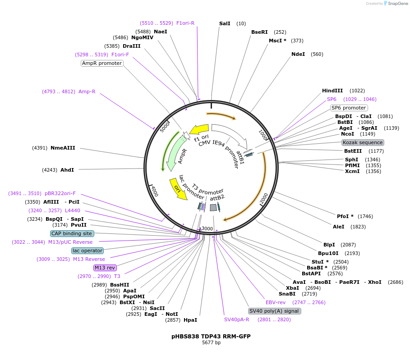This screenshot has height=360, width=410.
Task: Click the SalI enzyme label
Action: [225, 23]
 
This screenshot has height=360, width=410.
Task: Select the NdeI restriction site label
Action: [298, 54]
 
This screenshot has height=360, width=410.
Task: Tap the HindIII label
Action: [332, 91]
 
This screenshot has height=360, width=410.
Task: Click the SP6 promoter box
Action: [349, 108]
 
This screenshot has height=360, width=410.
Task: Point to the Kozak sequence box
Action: [363, 142]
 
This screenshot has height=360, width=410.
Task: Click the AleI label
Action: [339, 227]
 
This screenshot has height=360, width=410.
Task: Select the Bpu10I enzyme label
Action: [328, 253]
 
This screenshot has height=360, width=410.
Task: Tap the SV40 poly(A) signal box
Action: [274, 311]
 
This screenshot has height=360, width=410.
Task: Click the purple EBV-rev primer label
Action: [276, 302]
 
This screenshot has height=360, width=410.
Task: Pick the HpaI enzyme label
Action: [190, 320]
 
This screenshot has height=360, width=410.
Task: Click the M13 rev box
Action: [105, 268]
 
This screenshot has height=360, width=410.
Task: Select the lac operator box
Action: [87, 251]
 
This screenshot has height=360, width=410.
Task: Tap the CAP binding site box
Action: [72, 233]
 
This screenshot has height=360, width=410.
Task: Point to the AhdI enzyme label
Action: [67, 170]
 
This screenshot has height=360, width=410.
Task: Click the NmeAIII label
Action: [63, 148]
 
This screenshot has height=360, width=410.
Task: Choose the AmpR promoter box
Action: [102, 63]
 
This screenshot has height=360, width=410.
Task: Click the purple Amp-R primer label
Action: [87, 91]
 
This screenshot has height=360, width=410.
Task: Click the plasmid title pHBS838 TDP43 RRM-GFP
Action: [211, 336]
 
